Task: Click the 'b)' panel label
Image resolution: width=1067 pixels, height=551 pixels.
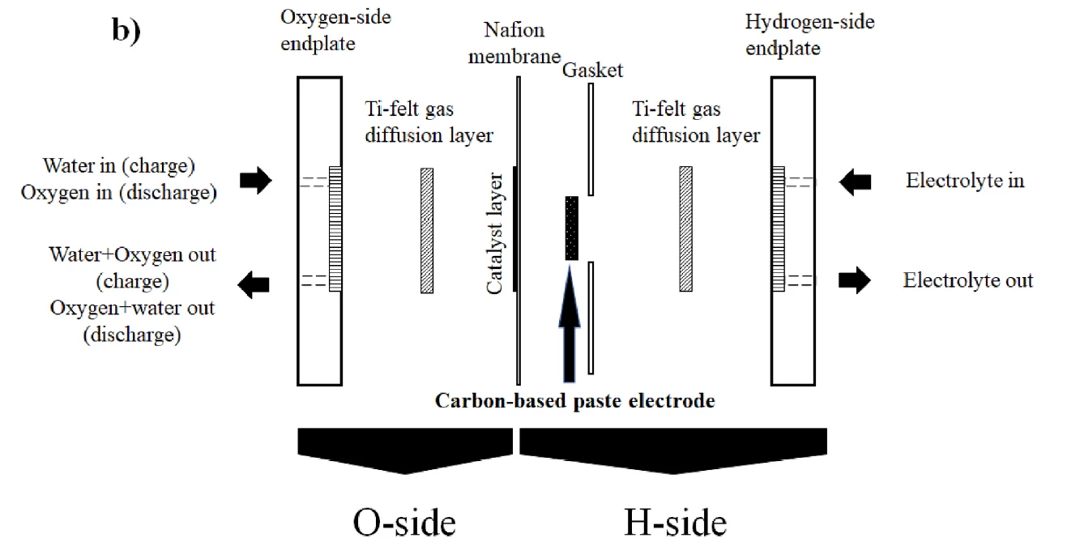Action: point(126,35)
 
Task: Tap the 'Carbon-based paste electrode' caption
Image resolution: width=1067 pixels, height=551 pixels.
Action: point(575,400)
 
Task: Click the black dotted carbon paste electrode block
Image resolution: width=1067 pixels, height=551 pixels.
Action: point(572,228)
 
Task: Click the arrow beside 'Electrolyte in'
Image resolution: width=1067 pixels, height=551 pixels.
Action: point(856,182)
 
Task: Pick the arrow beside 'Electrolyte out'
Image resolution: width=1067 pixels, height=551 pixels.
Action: point(856,281)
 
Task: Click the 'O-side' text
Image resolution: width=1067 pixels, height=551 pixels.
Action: point(404,522)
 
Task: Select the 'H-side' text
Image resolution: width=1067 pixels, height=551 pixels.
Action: point(675,522)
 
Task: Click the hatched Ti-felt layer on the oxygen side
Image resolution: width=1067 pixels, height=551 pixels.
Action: point(427,229)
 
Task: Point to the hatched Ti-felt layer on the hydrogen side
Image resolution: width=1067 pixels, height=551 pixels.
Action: point(685,229)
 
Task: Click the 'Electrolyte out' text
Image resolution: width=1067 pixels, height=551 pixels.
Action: point(968,281)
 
